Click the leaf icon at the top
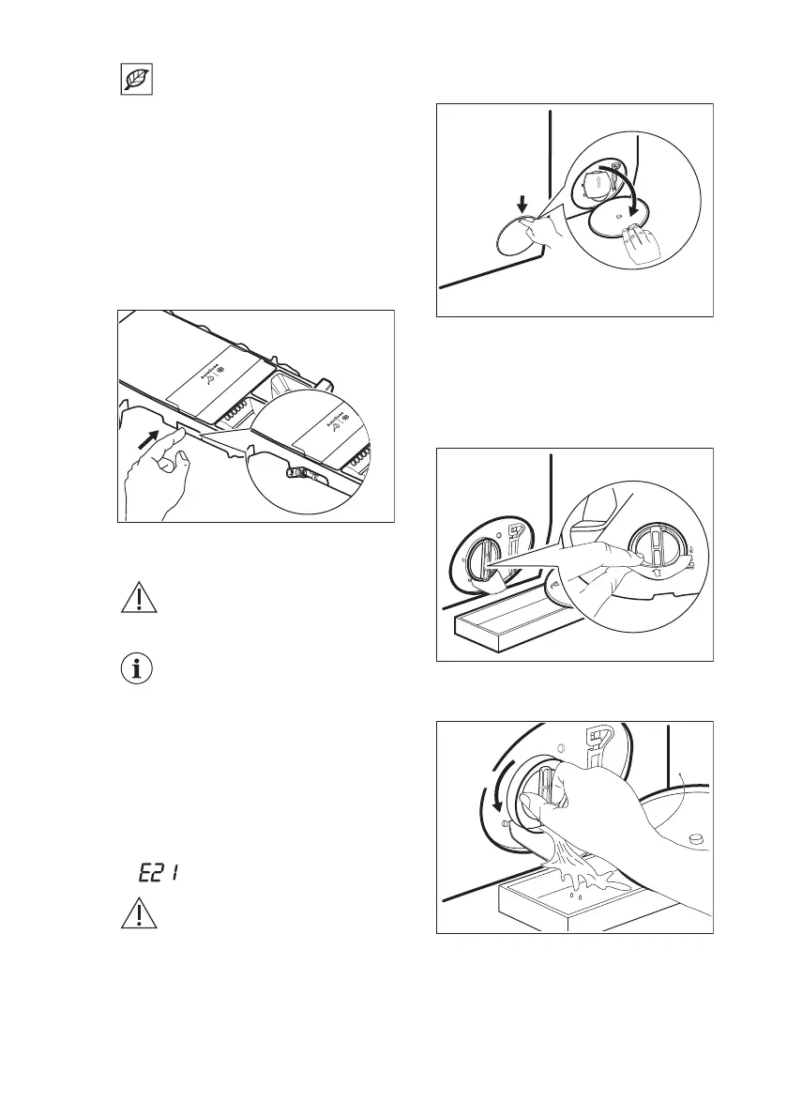137,81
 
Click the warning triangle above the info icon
137,599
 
